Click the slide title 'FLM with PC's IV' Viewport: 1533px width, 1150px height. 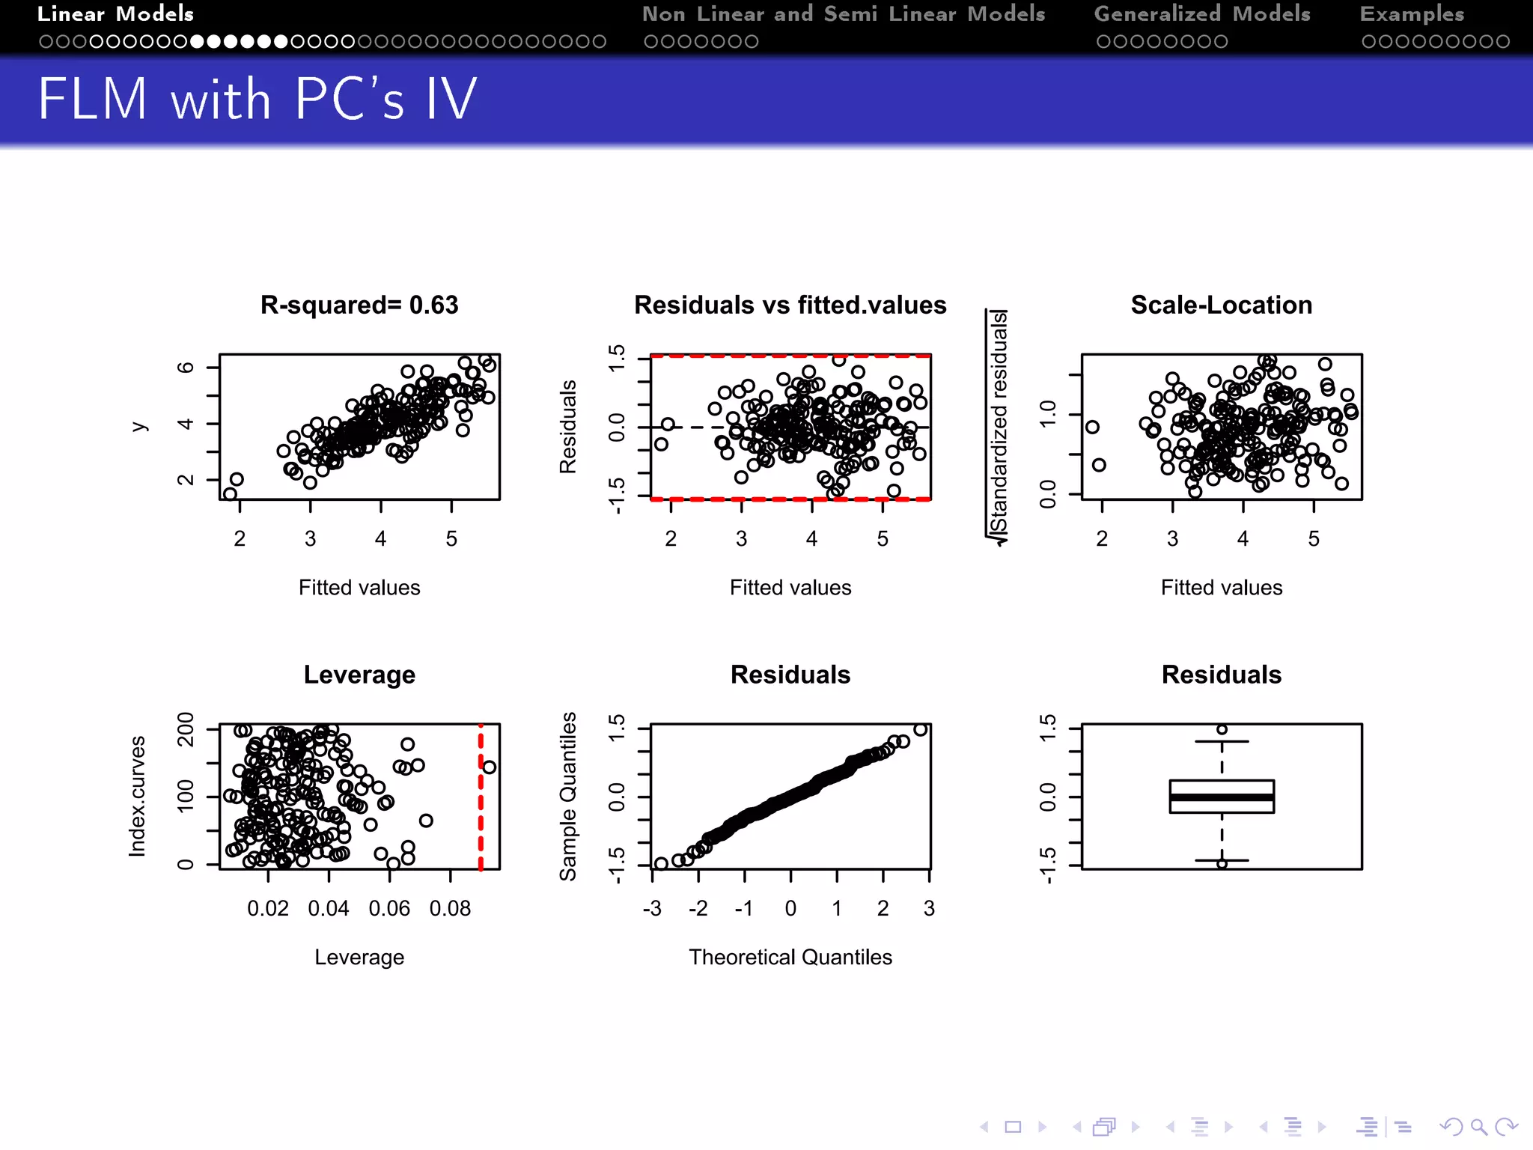point(257,99)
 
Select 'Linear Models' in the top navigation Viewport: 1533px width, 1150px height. point(116,14)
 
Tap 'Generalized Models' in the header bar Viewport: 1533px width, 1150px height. point(1202,14)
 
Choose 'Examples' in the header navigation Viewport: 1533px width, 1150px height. point(1412,14)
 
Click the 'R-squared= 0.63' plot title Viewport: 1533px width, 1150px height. point(359,305)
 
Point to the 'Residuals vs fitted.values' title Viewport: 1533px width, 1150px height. point(790,305)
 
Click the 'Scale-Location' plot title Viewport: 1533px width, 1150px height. point(1222,305)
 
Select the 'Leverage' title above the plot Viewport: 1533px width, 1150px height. point(359,675)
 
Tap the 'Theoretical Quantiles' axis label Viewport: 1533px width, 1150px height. point(790,957)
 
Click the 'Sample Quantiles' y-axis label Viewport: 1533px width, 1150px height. point(569,796)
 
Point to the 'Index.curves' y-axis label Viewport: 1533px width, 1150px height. point(138,796)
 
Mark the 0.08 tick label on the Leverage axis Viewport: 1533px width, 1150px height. point(450,909)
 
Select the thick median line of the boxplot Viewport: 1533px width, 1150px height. point(1222,797)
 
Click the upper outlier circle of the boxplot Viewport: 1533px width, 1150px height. point(1222,729)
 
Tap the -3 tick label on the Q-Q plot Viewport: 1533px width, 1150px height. point(652,909)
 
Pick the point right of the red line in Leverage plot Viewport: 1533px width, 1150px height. point(490,767)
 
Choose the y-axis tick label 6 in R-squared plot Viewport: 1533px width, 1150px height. point(185,367)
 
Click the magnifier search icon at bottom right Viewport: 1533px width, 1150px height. point(1478,1127)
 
